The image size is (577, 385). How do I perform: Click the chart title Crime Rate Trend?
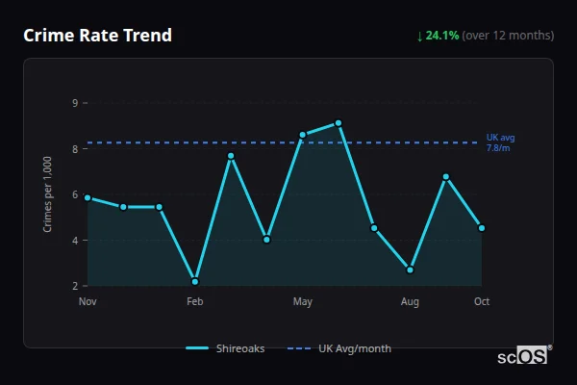[x=97, y=36]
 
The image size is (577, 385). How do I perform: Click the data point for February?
[x=195, y=281]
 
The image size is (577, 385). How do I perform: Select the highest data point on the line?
[x=339, y=123]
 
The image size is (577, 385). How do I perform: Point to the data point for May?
[x=302, y=135]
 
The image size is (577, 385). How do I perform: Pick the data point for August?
[x=410, y=269]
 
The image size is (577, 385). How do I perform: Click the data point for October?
[x=482, y=228]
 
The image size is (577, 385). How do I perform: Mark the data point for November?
[x=88, y=197]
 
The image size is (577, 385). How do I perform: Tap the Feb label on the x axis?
[x=195, y=302]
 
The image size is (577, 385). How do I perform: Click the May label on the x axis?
[x=302, y=302]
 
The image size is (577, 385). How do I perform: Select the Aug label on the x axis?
[x=410, y=302]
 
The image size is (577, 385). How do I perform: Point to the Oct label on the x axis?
[x=482, y=302]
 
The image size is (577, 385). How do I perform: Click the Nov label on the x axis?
[x=88, y=302]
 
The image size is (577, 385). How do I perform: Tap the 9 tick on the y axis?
[x=75, y=102]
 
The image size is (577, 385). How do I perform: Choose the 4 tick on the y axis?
[x=75, y=240]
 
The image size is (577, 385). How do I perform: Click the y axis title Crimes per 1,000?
[x=48, y=193]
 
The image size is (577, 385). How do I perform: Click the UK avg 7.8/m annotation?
[x=500, y=142]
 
